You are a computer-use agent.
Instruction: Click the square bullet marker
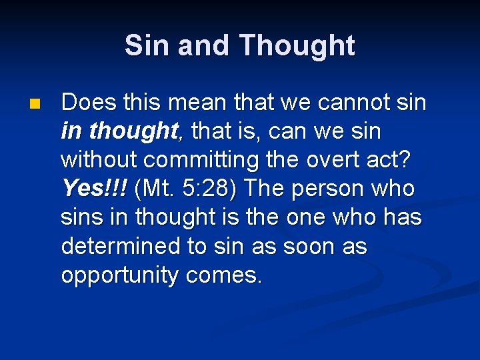click(35, 105)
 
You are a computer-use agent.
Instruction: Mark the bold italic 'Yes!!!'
click(94, 189)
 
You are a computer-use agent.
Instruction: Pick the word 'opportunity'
click(119, 275)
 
